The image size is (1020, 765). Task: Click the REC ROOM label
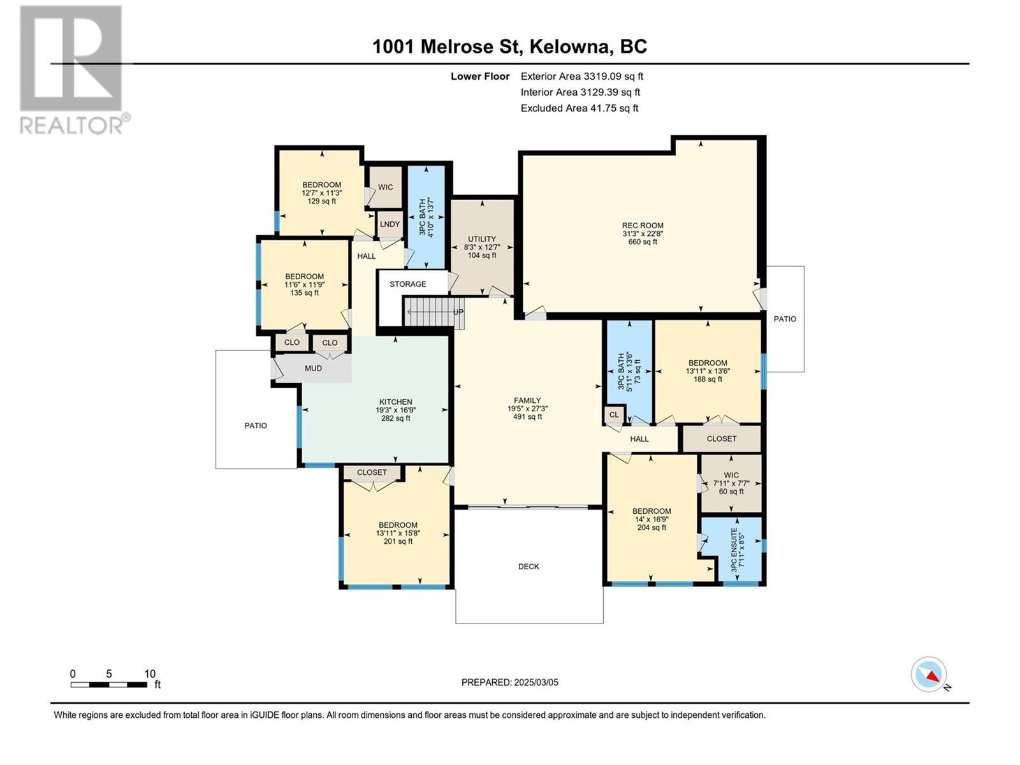pos(643,226)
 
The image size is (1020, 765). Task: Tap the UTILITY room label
pos(481,239)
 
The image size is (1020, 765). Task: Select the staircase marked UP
pos(433,312)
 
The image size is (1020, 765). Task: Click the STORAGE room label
pos(408,284)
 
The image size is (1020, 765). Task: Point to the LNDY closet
pos(390,224)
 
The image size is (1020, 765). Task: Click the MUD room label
pos(313,368)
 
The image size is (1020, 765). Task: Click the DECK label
pos(528,566)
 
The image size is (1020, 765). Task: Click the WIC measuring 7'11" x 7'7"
pos(731,483)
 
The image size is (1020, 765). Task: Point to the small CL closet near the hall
pos(614,415)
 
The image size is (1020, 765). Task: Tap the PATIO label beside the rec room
pos(785,319)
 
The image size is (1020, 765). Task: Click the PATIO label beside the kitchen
pos(256,425)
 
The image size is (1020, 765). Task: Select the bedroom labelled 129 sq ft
pos(321,193)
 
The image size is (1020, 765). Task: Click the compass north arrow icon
pos(929,675)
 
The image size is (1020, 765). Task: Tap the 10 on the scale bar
pos(150,674)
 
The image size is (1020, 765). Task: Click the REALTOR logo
pos(71,70)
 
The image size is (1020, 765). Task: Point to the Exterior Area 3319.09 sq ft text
pos(581,76)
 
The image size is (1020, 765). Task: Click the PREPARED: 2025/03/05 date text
pos(509,682)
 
